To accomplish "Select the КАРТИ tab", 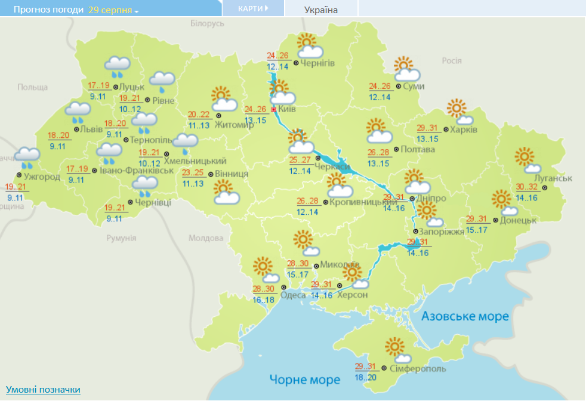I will point(252,8).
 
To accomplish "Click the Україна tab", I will point(320,10).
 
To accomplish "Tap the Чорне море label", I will point(304,380).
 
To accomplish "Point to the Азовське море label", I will point(465,316).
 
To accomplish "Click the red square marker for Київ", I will point(274,110).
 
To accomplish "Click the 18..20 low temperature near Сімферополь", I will point(365,378).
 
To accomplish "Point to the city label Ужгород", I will point(42,177).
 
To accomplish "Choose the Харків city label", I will point(464,129).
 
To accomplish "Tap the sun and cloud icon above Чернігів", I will point(309,46).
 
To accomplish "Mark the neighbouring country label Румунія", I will point(121,237).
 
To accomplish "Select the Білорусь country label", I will point(207,23).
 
